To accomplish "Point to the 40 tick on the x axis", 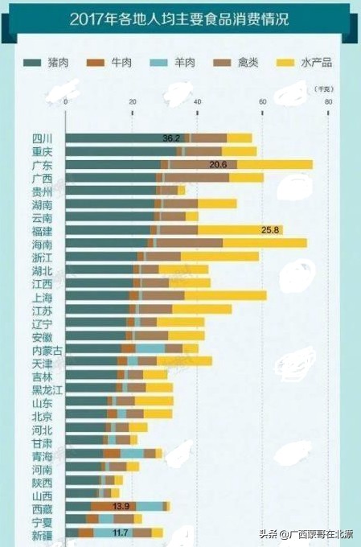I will tap(197, 101).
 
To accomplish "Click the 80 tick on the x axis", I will tap(328, 101).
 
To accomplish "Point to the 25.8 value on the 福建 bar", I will tap(271, 230).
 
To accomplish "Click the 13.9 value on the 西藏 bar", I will tap(121, 506).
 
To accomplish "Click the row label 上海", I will tap(42, 296).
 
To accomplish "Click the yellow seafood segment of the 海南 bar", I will tap(265, 243).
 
